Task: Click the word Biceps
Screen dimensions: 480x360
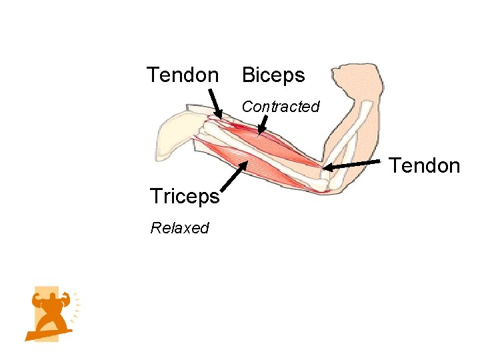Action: [x=273, y=75]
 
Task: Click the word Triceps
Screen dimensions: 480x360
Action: [x=185, y=197]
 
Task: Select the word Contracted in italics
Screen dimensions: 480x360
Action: [x=281, y=107]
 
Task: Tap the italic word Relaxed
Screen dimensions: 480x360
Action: [x=179, y=228]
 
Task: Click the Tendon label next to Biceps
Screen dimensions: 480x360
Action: [x=182, y=75]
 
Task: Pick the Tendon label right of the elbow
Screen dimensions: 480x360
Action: [x=425, y=165]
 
